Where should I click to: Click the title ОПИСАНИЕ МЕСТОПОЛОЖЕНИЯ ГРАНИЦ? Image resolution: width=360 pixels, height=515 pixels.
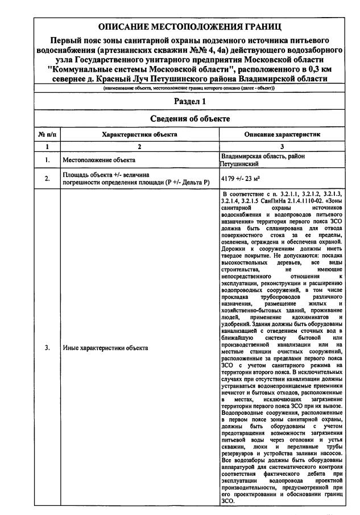(189, 27)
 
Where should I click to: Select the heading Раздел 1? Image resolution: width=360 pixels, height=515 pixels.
(189, 101)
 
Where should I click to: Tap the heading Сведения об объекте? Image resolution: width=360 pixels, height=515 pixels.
(189, 119)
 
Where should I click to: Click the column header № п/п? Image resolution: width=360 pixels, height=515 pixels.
(47, 135)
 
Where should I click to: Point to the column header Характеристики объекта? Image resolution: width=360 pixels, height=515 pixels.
(139, 135)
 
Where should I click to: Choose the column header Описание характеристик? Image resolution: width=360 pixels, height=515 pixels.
(282, 135)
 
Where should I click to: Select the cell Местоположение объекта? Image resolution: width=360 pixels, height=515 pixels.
(99, 160)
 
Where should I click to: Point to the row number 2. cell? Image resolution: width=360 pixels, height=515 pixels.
(47, 179)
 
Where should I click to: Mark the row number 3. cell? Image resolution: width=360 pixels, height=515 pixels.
(47, 347)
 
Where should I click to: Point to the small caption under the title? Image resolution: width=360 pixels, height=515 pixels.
(189, 89)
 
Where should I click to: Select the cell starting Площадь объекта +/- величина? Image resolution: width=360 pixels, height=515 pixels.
(136, 179)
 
